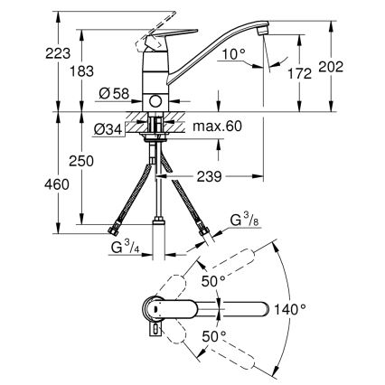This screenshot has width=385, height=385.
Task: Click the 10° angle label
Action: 233,55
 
